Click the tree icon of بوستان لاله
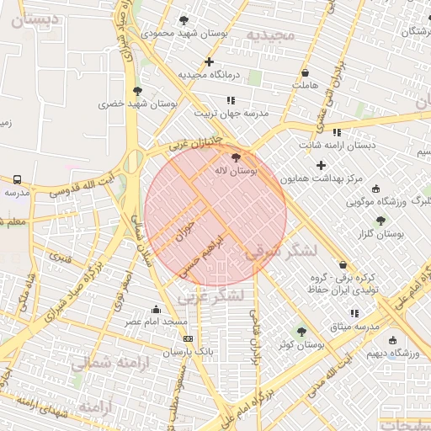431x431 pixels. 236,157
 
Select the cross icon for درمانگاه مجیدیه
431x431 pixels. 209,61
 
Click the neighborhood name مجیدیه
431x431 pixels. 271,35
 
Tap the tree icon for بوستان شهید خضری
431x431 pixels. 137,91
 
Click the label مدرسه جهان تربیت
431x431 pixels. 231,113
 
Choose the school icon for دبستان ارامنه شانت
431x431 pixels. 337,132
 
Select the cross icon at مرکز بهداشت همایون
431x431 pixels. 321,165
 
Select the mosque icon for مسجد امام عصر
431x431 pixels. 156,309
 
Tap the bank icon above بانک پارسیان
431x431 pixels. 188,338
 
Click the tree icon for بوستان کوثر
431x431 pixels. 301,332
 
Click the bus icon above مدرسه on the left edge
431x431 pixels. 17,179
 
